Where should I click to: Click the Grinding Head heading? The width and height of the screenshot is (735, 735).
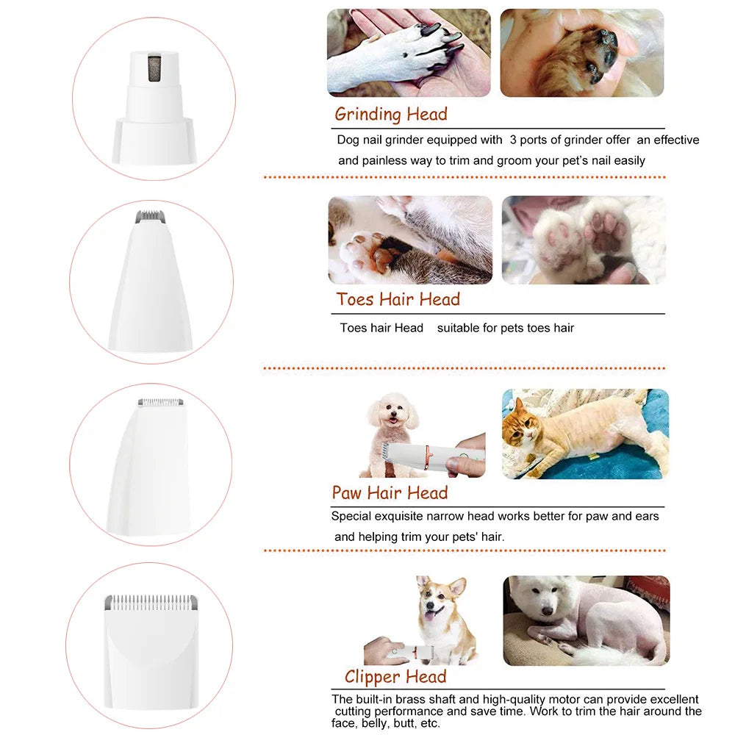(390, 114)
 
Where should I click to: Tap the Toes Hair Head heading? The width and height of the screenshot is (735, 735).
(398, 299)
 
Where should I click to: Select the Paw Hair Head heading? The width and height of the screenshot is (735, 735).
(389, 492)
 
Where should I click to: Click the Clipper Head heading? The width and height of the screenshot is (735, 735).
(395, 677)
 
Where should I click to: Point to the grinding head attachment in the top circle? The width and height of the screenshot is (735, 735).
(154, 103)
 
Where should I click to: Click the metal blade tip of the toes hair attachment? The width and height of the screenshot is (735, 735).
(151, 218)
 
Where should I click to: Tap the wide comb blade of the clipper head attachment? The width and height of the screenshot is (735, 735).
(150, 601)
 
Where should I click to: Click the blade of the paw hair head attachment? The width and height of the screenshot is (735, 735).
(161, 403)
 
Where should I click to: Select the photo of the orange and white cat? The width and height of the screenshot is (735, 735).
(585, 434)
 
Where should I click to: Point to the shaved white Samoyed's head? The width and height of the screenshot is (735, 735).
(543, 603)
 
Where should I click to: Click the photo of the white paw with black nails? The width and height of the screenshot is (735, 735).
(408, 53)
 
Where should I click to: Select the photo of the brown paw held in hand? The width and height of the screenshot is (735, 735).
(581, 53)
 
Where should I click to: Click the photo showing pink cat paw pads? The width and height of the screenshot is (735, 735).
(583, 240)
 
